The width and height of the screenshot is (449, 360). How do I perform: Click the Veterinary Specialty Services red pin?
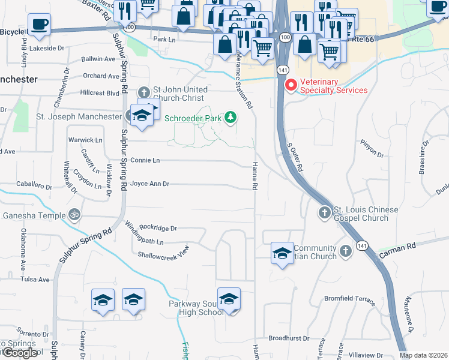[291, 85]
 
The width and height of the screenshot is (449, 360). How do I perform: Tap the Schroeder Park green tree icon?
[230, 118]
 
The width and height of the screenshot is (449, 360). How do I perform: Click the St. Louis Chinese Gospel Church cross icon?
[324, 212]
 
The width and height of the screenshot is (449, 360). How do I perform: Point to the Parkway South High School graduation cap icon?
[229, 299]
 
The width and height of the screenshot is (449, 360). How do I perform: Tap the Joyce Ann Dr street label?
[150, 184]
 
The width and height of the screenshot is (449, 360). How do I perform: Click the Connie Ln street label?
[145, 160]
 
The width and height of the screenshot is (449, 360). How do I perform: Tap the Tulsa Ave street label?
[35, 280]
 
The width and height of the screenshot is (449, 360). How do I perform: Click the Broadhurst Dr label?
[288, 338]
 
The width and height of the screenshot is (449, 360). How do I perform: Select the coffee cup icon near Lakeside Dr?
[39, 25]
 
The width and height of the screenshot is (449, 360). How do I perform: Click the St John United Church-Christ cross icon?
[143, 92]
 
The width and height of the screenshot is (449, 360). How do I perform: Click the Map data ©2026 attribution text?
[423, 355]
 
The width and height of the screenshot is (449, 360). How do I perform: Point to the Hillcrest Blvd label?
[100, 93]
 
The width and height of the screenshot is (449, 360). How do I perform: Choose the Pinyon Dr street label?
[372, 149]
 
